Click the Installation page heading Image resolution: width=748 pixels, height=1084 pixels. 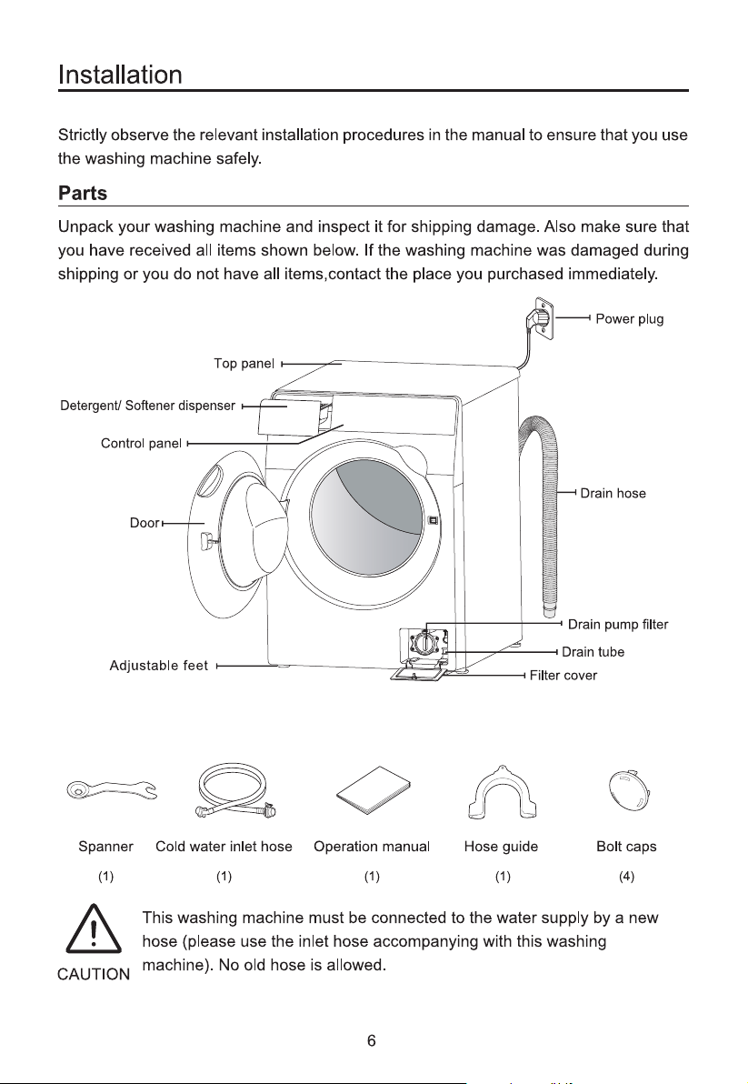coord(120,75)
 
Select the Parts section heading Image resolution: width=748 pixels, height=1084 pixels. coord(82,193)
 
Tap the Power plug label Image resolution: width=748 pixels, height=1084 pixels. coord(629,319)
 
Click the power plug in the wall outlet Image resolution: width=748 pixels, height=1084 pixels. coord(539,318)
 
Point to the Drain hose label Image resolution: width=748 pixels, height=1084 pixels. coord(613,494)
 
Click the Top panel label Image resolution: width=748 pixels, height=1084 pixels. coord(244,364)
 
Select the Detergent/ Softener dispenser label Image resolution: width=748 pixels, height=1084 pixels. coord(148,406)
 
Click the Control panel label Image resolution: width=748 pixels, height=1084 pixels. coord(141,443)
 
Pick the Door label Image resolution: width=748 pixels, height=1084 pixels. coord(145,523)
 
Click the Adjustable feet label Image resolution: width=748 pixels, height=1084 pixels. coord(158,666)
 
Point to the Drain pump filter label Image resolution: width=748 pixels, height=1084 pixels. coord(617,625)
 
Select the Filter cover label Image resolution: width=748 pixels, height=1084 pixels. coord(563,676)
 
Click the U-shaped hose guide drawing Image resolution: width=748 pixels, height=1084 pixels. coord(503,792)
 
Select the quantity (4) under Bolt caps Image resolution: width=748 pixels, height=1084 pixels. coord(626,877)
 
